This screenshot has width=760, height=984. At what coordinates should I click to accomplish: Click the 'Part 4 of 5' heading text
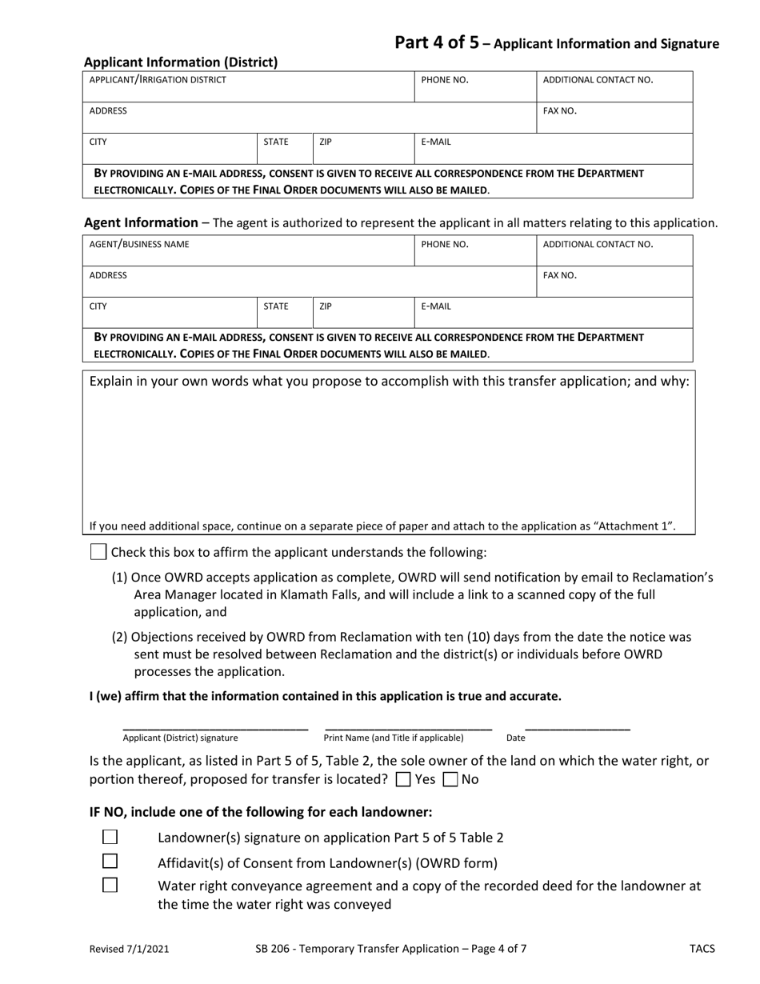[x=437, y=43]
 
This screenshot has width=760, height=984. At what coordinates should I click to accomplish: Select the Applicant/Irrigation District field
[x=248, y=87]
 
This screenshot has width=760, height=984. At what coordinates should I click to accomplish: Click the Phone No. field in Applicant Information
[x=474, y=87]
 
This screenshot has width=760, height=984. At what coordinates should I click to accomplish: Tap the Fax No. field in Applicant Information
[x=614, y=118]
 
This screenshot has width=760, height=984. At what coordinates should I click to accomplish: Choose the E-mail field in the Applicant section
[x=553, y=150]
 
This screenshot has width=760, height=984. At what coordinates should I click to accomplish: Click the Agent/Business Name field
[x=248, y=251]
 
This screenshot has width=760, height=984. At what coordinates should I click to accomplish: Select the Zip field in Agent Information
[x=363, y=313]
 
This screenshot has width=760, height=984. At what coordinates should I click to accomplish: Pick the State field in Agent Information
[x=285, y=313]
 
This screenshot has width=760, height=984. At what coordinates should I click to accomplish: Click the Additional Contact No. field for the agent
[x=614, y=251]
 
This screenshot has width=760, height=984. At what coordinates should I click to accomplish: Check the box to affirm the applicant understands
[x=98, y=552]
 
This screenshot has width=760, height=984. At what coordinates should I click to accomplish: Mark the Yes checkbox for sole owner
[x=404, y=779]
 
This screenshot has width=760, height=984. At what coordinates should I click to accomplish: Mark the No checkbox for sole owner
[x=450, y=779]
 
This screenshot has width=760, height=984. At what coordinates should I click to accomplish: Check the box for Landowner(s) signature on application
[x=110, y=837]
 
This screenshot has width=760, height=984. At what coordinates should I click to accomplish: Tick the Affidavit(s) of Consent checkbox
[x=110, y=862]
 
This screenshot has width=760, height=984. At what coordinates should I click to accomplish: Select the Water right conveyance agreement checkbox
[x=110, y=886]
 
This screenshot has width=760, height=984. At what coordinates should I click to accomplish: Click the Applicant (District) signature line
[x=214, y=724]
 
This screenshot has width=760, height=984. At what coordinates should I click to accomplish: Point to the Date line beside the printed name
[x=578, y=724]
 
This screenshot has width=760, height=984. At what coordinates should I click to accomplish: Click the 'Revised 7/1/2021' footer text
[x=129, y=950]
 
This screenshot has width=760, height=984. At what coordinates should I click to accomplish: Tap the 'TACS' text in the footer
[x=702, y=950]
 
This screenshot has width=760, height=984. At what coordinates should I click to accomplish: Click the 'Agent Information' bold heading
[x=141, y=223]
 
